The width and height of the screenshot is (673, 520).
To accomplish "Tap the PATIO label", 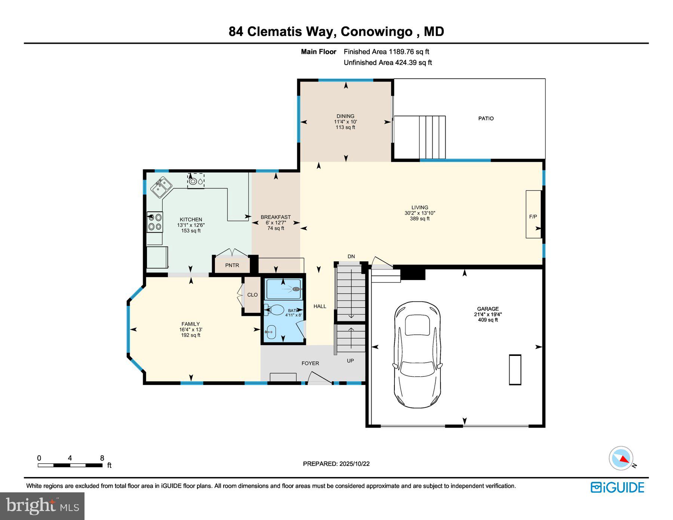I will (x=486, y=119).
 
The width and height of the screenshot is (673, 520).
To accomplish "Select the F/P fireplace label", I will (x=533, y=217).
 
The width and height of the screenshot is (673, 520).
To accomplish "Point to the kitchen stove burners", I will (x=155, y=222).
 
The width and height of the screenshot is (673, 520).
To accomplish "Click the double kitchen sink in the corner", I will (x=161, y=187).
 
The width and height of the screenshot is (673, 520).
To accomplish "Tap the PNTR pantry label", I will (x=232, y=265).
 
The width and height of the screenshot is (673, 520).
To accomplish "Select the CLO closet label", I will (x=252, y=295).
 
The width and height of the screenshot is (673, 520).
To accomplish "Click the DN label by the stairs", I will (x=351, y=256).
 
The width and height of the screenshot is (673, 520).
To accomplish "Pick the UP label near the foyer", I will (x=350, y=361).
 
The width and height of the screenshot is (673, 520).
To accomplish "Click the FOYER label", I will (x=310, y=363).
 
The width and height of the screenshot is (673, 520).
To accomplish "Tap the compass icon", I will (x=621, y=458).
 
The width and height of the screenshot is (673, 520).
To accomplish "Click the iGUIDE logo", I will (x=617, y=487).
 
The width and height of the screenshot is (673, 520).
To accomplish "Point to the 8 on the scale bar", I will (x=102, y=458).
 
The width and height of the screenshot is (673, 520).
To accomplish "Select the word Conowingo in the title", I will (x=376, y=31).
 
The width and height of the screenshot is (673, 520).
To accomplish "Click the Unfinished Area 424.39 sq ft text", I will (x=388, y=63).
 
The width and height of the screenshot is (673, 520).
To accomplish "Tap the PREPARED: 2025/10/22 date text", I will (x=336, y=464).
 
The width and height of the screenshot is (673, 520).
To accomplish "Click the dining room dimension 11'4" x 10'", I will (x=345, y=122).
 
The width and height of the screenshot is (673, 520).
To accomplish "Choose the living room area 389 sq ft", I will (x=420, y=219).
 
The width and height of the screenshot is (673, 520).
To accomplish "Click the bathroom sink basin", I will (x=271, y=331).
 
